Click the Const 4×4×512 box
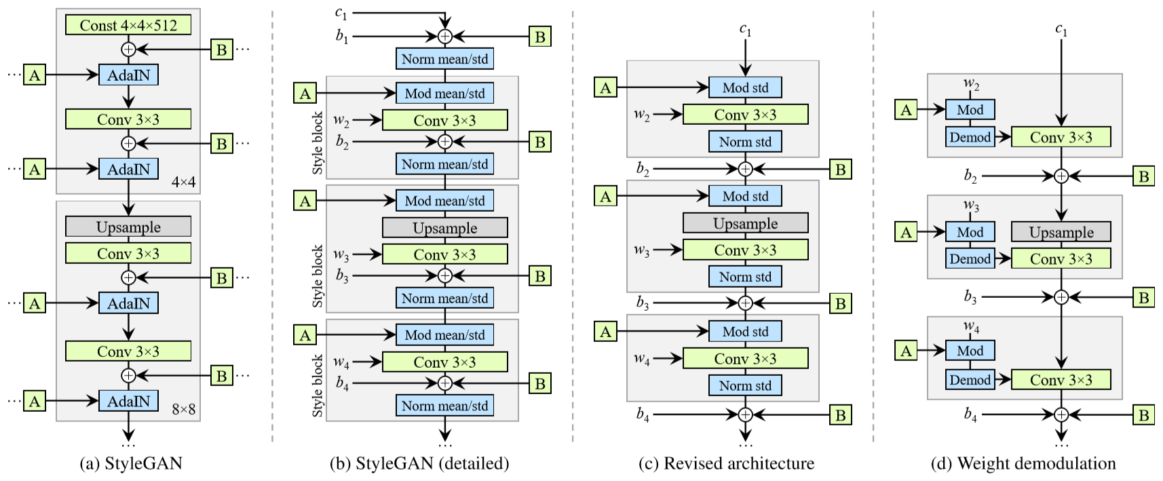click(128, 25)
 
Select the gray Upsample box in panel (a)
click(128, 227)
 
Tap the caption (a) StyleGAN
click(131, 464)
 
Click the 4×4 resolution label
click(183, 182)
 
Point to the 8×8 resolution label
click(183, 410)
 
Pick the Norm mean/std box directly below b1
click(444, 59)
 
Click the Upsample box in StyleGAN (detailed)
click(444, 228)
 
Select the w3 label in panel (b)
click(341, 254)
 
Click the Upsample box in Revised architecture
click(745, 223)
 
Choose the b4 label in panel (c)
click(643, 415)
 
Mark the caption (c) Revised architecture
click(727, 464)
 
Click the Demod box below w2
click(970, 137)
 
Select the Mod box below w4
click(970, 351)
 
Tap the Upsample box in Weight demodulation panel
click(1061, 232)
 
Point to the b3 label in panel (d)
click(971, 297)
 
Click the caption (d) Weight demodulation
click(1023, 464)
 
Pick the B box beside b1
click(539, 37)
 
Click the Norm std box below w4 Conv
click(745, 385)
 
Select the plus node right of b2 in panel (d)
click(1061, 176)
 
